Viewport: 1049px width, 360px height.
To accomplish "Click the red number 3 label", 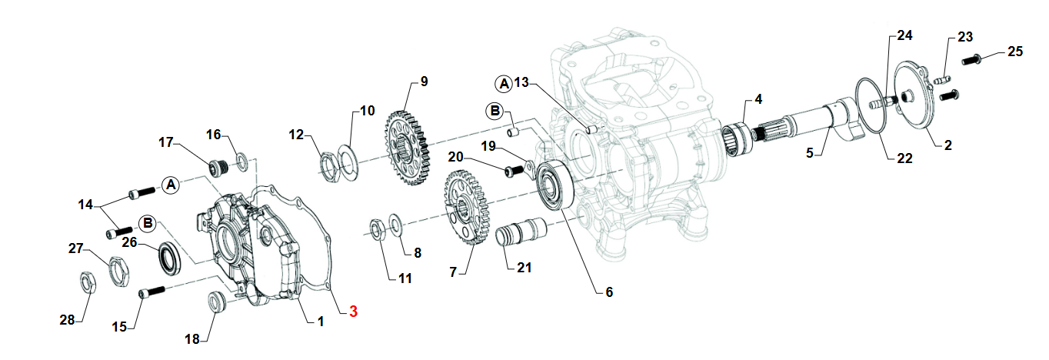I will tap(353, 312).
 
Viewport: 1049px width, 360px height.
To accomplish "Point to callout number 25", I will tap(1015, 52).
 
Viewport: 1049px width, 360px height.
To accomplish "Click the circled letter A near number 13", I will tap(503, 82).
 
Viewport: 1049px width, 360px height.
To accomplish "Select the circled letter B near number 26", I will tap(148, 224).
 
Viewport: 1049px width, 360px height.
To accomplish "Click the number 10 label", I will tap(367, 110).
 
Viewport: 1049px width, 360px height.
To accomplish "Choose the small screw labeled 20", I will tap(511, 172).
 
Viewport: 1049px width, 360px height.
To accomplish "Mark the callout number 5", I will tap(809, 153).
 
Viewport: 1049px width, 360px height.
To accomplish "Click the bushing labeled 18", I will tap(218, 302).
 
